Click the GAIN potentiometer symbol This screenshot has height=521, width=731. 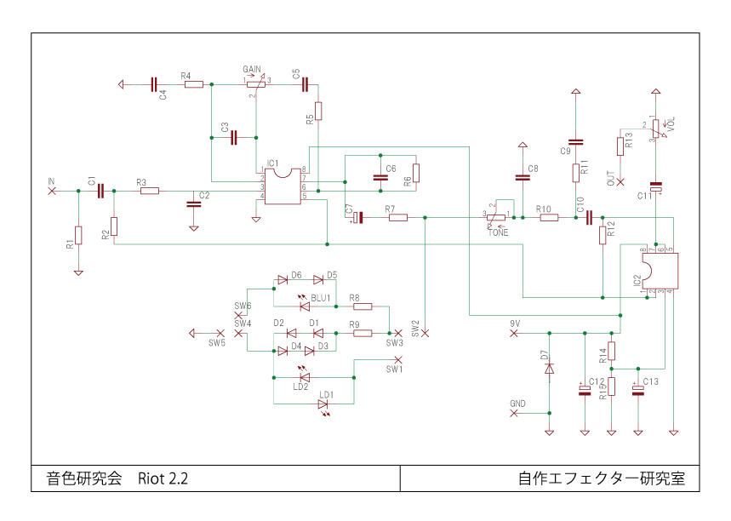(255, 84)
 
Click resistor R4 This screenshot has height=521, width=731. (194, 84)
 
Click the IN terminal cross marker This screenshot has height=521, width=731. (52, 191)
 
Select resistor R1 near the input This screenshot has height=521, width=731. (78, 235)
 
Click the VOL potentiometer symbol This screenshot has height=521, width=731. (655, 130)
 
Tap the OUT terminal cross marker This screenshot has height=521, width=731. (620, 181)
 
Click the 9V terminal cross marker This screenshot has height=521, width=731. (513, 333)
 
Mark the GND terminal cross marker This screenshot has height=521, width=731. (513, 413)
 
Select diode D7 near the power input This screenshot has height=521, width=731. (549, 369)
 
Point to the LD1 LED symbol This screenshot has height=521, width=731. (323, 404)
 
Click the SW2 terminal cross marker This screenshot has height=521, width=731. (425, 333)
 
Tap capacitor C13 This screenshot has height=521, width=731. (638, 391)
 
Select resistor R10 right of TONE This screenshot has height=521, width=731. (549, 218)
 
